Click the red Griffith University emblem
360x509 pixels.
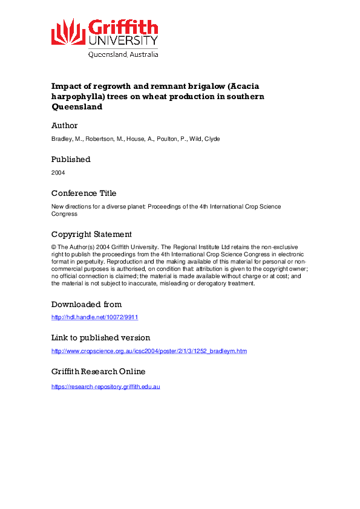(68, 31)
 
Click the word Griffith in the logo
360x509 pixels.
(123, 28)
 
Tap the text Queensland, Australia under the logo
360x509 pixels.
(123, 54)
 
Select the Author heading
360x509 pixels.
(65, 126)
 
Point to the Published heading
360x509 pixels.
(71, 160)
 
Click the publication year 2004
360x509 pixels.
(58, 172)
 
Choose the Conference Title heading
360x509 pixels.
(83, 193)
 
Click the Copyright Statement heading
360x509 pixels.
(91, 235)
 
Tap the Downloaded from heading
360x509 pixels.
(87, 304)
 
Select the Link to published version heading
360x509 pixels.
(100, 338)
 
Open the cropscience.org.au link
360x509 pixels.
(149, 351)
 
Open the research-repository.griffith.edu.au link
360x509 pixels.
(105, 386)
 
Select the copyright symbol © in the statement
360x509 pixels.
(54, 247)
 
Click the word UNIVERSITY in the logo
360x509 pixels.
(123, 41)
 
